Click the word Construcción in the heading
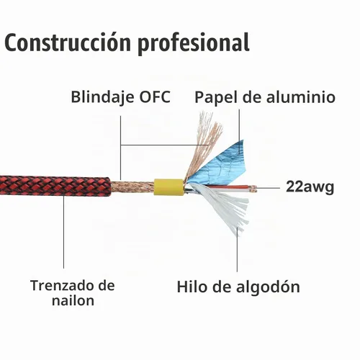pos(68,42)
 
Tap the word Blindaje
pos(103,98)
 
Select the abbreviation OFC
pos(155,96)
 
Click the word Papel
pos(215,98)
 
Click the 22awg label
pos(310,187)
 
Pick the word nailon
pos(73,300)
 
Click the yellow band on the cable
pos(169,187)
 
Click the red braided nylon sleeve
pos(55,186)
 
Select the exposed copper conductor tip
pos(253,189)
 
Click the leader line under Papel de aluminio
pos(239,132)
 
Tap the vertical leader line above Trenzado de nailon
pos(64,232)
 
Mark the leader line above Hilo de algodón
pos(238,250)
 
